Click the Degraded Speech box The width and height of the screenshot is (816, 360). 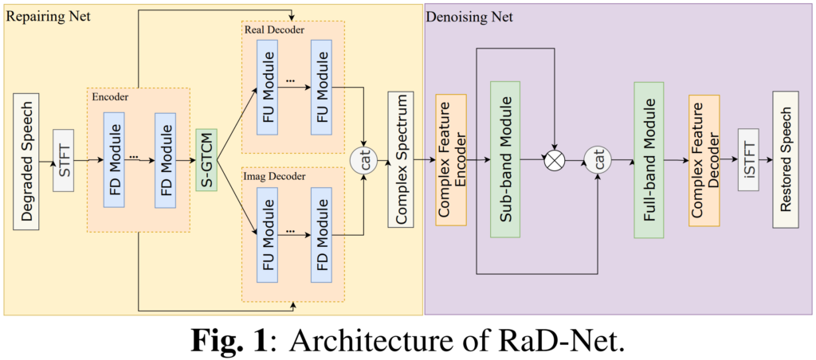[26, 159]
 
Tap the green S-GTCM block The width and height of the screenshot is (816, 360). [206, 159]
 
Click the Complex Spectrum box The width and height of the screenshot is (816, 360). [401, 159]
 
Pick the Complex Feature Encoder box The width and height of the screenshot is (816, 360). [450, 159]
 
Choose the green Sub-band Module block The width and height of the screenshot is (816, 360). [505, 159]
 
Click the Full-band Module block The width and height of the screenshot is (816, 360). [648, 159]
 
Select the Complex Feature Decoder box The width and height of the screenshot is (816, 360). [704, 159]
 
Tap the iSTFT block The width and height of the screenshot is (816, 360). [747, 159]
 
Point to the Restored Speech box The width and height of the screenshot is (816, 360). [786, 159]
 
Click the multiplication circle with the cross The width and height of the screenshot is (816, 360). [554, 160]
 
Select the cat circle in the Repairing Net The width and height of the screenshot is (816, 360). [363, 160]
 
